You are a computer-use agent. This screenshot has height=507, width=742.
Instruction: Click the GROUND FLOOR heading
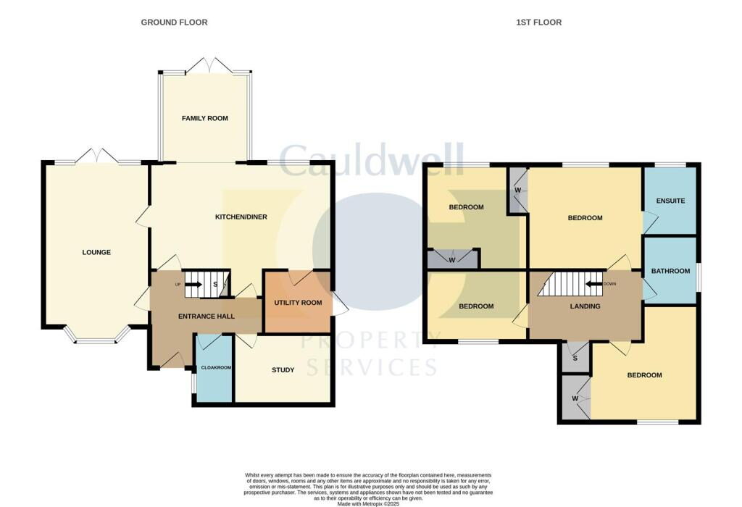click(x=174, y=22)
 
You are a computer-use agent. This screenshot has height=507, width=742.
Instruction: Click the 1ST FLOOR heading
click(x=538, y=22)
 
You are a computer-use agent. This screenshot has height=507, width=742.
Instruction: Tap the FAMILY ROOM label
click(x=205, y=118)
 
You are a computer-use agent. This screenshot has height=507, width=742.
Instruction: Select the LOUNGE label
click(x=96, y=253)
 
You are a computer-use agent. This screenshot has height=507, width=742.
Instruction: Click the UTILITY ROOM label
click(x=297, y=303)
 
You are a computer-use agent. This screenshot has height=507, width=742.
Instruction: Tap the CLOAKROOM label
click(x=214, y=368)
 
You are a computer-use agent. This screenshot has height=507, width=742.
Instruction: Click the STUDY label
click(x=283, y=370)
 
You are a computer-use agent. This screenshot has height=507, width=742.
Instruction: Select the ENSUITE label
click(x=670, y=201)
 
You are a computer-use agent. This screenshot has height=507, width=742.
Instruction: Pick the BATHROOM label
click(x=670, y=271)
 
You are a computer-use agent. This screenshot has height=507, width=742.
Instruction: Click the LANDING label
click(x=585, y=306)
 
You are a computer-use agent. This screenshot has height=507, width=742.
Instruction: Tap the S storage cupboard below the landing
click(x=575, y=358)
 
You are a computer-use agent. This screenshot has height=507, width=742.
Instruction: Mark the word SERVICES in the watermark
click(x=372, y=367)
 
